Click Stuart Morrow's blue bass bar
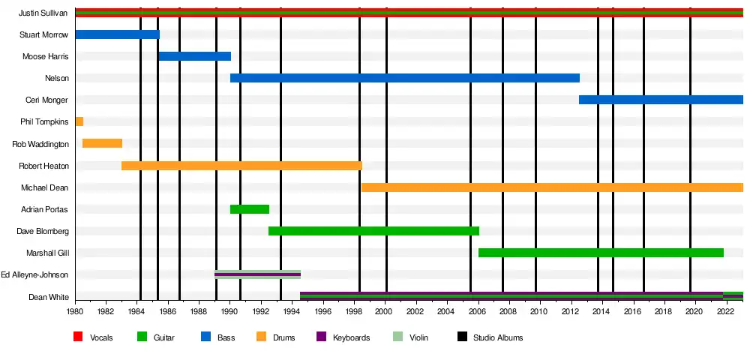(x=117, y=34)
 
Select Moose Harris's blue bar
(x=194, y=56)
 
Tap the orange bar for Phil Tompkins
(x=79, y=121)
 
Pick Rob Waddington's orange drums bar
(x=102, y=143)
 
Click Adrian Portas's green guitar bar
(x=249, y=209)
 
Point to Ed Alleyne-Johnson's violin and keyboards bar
(x=257, y=274)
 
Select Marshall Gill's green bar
(x=600, y=253)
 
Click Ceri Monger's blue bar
(x=660, y=100)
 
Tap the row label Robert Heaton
(x=43, y=166)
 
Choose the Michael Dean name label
(x=45, y=187)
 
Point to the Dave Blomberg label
(x=43, y=231)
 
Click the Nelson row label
(x=56, y=78)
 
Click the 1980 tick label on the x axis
(x=75, y=310)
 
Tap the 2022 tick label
(x=725, y=310)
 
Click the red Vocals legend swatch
(x=78, y=337)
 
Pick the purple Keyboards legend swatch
(x=321, y=337)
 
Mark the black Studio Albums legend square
(x=461, y=337)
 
